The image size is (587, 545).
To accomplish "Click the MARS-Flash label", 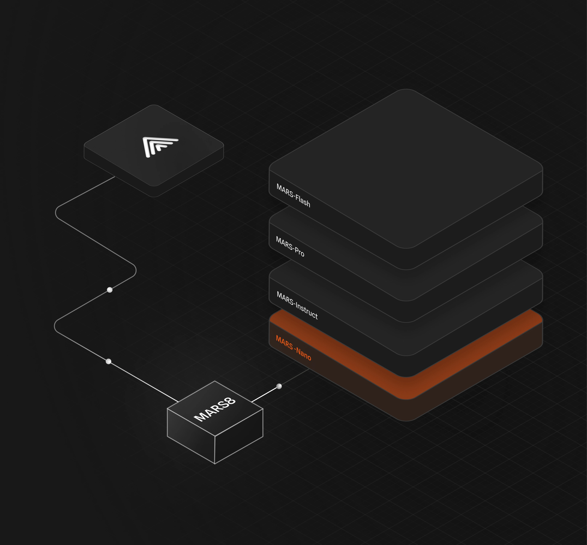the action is [x=293, y=195].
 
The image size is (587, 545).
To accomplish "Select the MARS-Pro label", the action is [x=290, y=246].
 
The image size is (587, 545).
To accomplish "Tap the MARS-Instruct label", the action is [x=297, y=305].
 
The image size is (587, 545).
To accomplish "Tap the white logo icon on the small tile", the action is [x=160, y=146].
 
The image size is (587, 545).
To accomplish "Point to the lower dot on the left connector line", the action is [x=108, y=361].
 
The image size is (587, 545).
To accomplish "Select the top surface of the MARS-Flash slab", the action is [x=406, y=168].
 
